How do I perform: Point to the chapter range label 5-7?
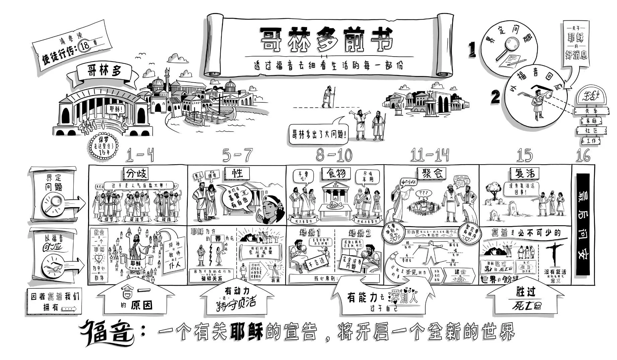[x=238, y=155]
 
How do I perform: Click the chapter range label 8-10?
[x=334, y=155]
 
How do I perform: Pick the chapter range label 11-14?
[x=430, y=155]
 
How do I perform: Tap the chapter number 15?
[x=525, y=155]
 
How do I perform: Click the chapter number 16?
[x=583, y=155]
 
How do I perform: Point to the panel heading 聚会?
[x=432, y=173]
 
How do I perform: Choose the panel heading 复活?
[x=525, y=173]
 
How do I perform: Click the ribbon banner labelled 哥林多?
[x=104, y=71]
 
